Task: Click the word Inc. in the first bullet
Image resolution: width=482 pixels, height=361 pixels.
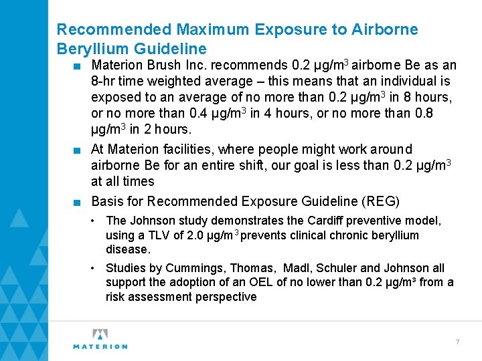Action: tap(194, 66)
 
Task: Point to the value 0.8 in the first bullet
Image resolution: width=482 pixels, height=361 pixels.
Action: tap(424, 113)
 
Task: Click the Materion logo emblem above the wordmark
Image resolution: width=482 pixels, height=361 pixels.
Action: tap(100, 334)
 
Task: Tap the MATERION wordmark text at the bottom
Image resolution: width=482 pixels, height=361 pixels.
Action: tap(100, 346)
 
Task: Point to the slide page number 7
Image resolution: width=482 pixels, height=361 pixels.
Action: tap(457, 342)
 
